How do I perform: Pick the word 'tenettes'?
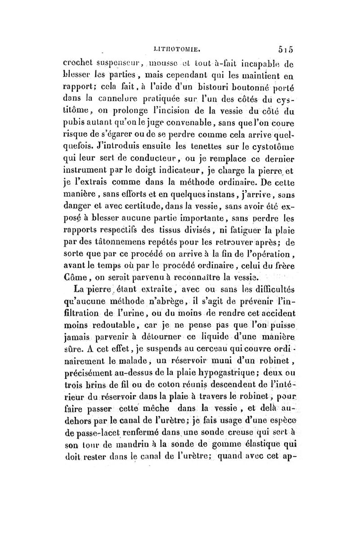point(198,158)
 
